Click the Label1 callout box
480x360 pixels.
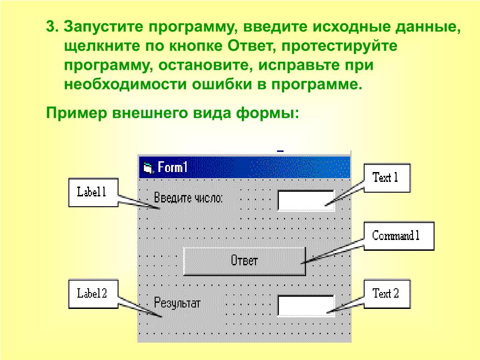pos(92,192)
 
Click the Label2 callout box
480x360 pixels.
pos(92,294)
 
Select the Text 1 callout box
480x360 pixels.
pos(385,178)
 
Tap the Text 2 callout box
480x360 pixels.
pos(386,294)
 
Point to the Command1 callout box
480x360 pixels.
pos(396,236)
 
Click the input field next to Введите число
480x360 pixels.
pos(306,200)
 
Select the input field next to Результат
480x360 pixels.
pos(306,305)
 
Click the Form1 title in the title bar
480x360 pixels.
pos(172,167)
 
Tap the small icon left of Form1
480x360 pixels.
pos(148,168)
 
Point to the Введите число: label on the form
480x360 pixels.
pos(188,198)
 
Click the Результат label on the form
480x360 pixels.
pos(177,303)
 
